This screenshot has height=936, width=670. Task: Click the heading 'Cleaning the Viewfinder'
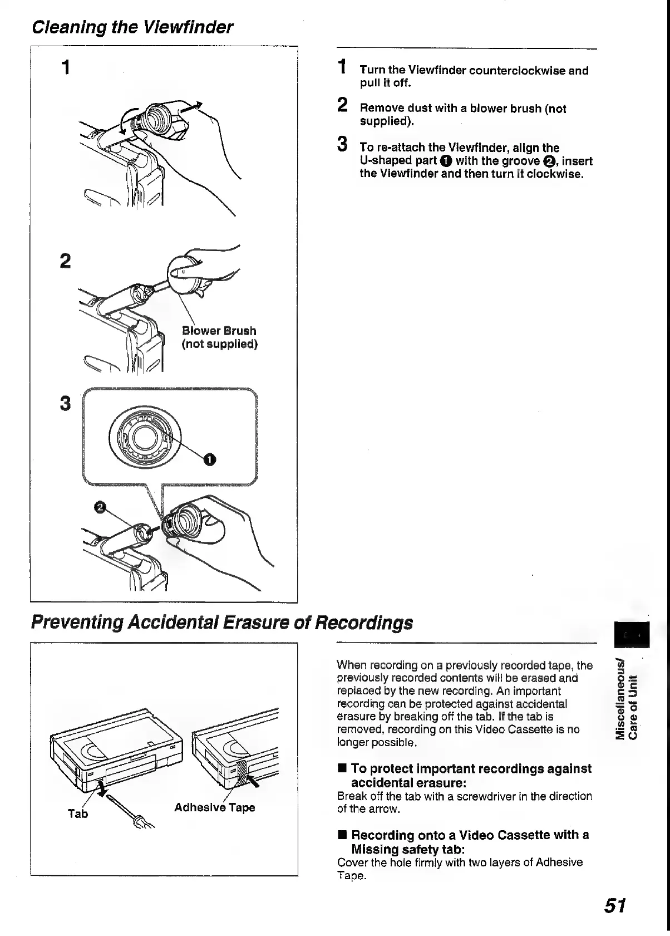coord(132,27)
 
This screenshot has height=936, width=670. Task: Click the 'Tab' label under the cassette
coord(78,814)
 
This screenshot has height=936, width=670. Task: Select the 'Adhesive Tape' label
coord(214,807)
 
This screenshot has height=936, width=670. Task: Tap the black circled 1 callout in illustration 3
coord(209,459)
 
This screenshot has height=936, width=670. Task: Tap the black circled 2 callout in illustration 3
coord(100,506)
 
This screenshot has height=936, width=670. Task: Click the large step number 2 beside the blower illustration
coord(66,261)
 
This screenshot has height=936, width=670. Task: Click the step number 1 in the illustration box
coord(66,68)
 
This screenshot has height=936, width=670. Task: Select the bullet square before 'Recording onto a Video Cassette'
coord(343,835)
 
